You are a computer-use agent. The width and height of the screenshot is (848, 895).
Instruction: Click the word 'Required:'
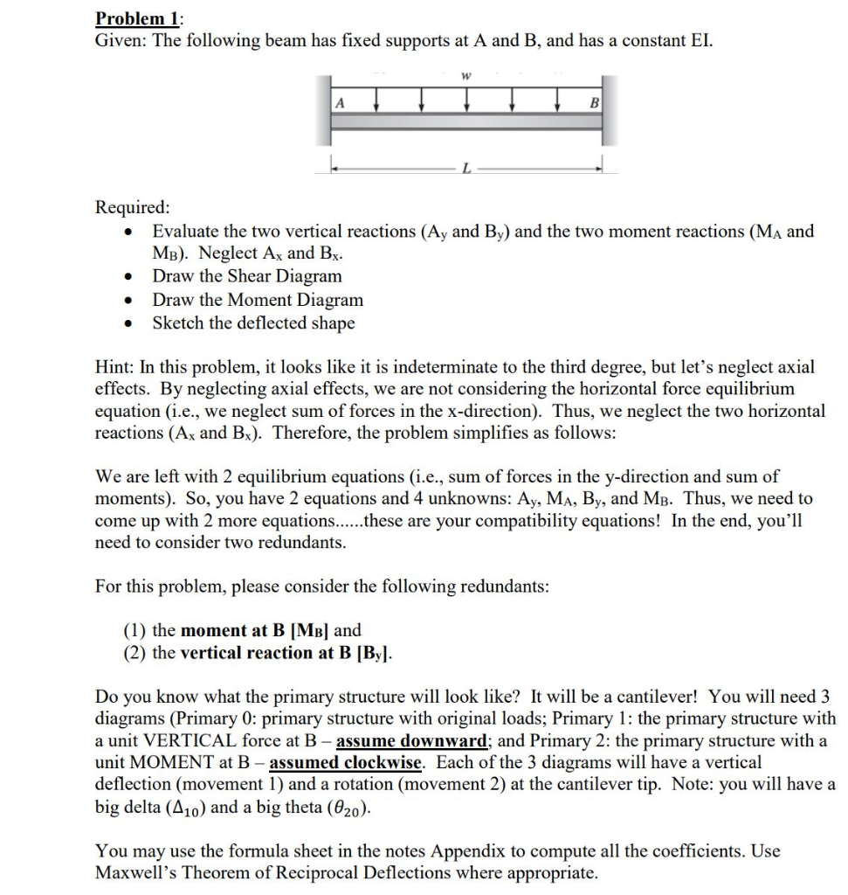tap(133, 208)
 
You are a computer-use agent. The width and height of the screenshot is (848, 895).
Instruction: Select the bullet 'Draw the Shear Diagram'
tap(247, 276)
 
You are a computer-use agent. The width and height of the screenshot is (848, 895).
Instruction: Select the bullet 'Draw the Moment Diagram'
tap(258, 300)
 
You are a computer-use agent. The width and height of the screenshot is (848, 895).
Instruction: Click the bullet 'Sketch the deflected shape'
tap(253, 323)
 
